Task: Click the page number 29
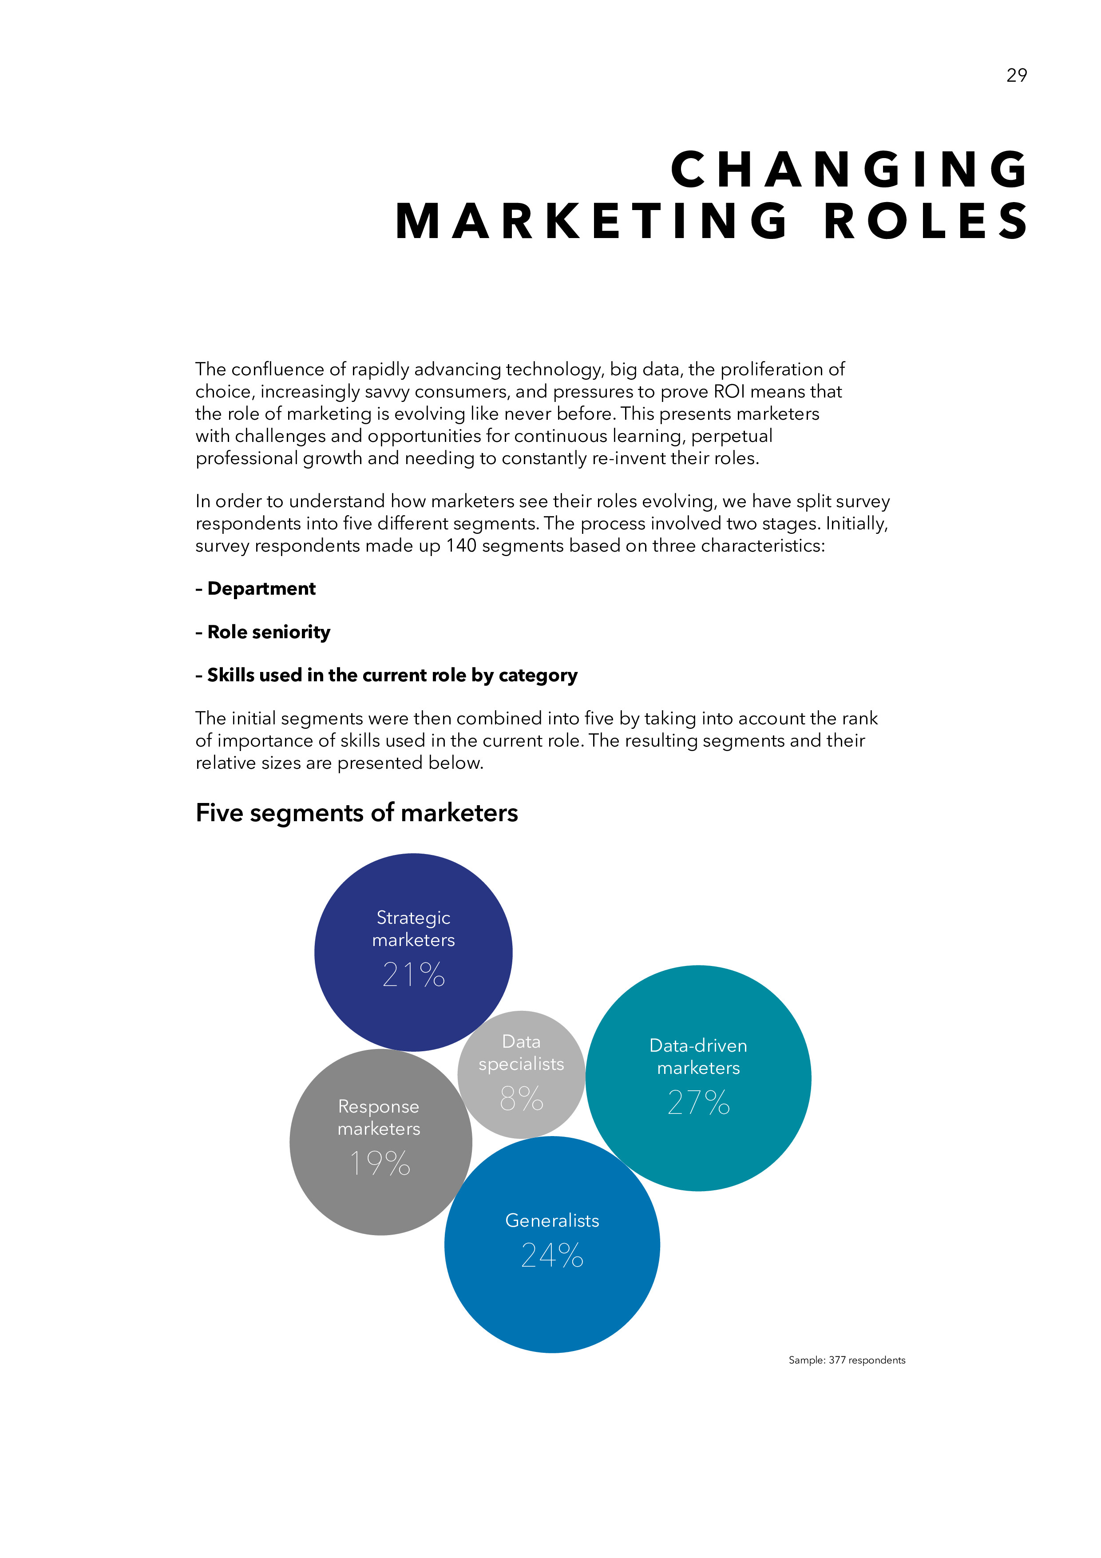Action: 1016,76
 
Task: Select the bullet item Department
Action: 256,588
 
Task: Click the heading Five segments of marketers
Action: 357,812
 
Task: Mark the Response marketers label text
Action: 379,1117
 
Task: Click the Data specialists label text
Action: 521,1053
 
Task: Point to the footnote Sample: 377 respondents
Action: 847,1360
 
